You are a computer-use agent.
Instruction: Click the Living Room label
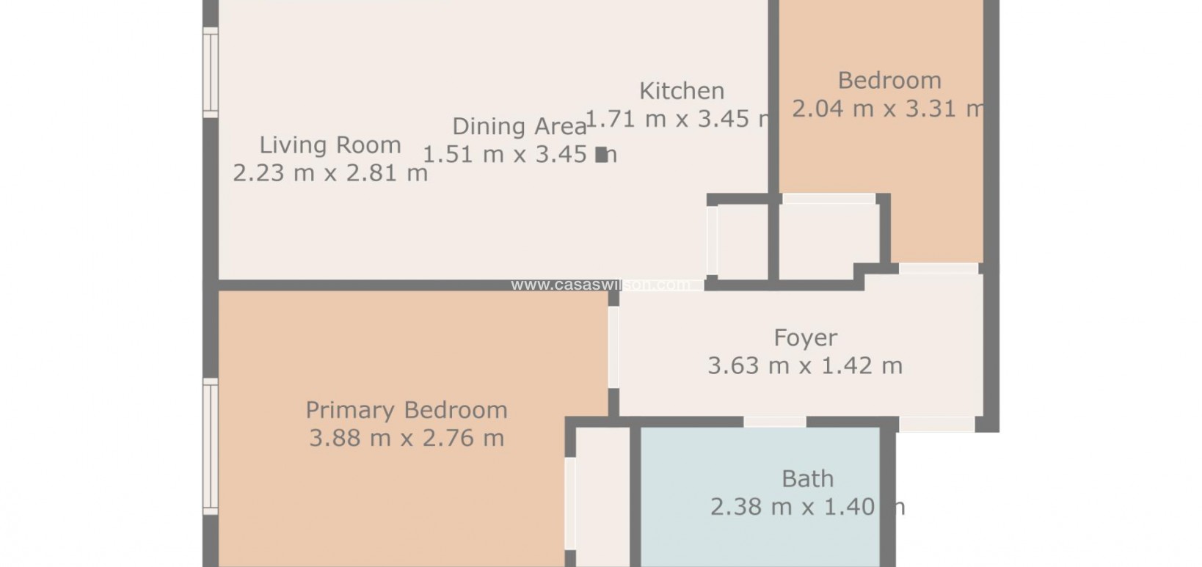[x=330, y=145]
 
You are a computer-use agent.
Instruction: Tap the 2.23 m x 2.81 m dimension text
[x=330, y=173]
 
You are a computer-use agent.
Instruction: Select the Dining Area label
[x=519, y=126]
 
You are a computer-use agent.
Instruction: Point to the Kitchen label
[x=682, y=91]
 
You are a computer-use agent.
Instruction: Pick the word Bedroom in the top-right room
[x=889, y=80]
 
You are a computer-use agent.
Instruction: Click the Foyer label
[x=805, y=337]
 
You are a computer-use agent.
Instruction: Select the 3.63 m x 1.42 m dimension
[x=805, y=365]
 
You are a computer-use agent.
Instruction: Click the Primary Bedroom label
[x=406, y=409]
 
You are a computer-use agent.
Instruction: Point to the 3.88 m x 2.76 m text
[x=406, y=438]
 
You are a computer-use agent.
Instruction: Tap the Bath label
[x=807, y=479]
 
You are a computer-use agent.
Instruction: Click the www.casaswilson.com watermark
[x=600, y=285]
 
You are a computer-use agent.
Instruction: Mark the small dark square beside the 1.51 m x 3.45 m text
[x=602, y=154]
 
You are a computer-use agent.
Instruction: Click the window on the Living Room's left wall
[x=211, y=72]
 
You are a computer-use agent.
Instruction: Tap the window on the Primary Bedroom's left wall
[x=211, y=446]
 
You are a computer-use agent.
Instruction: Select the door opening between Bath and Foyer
[x=774, y=422]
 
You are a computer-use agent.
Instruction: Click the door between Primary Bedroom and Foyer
[x=613, y=347]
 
